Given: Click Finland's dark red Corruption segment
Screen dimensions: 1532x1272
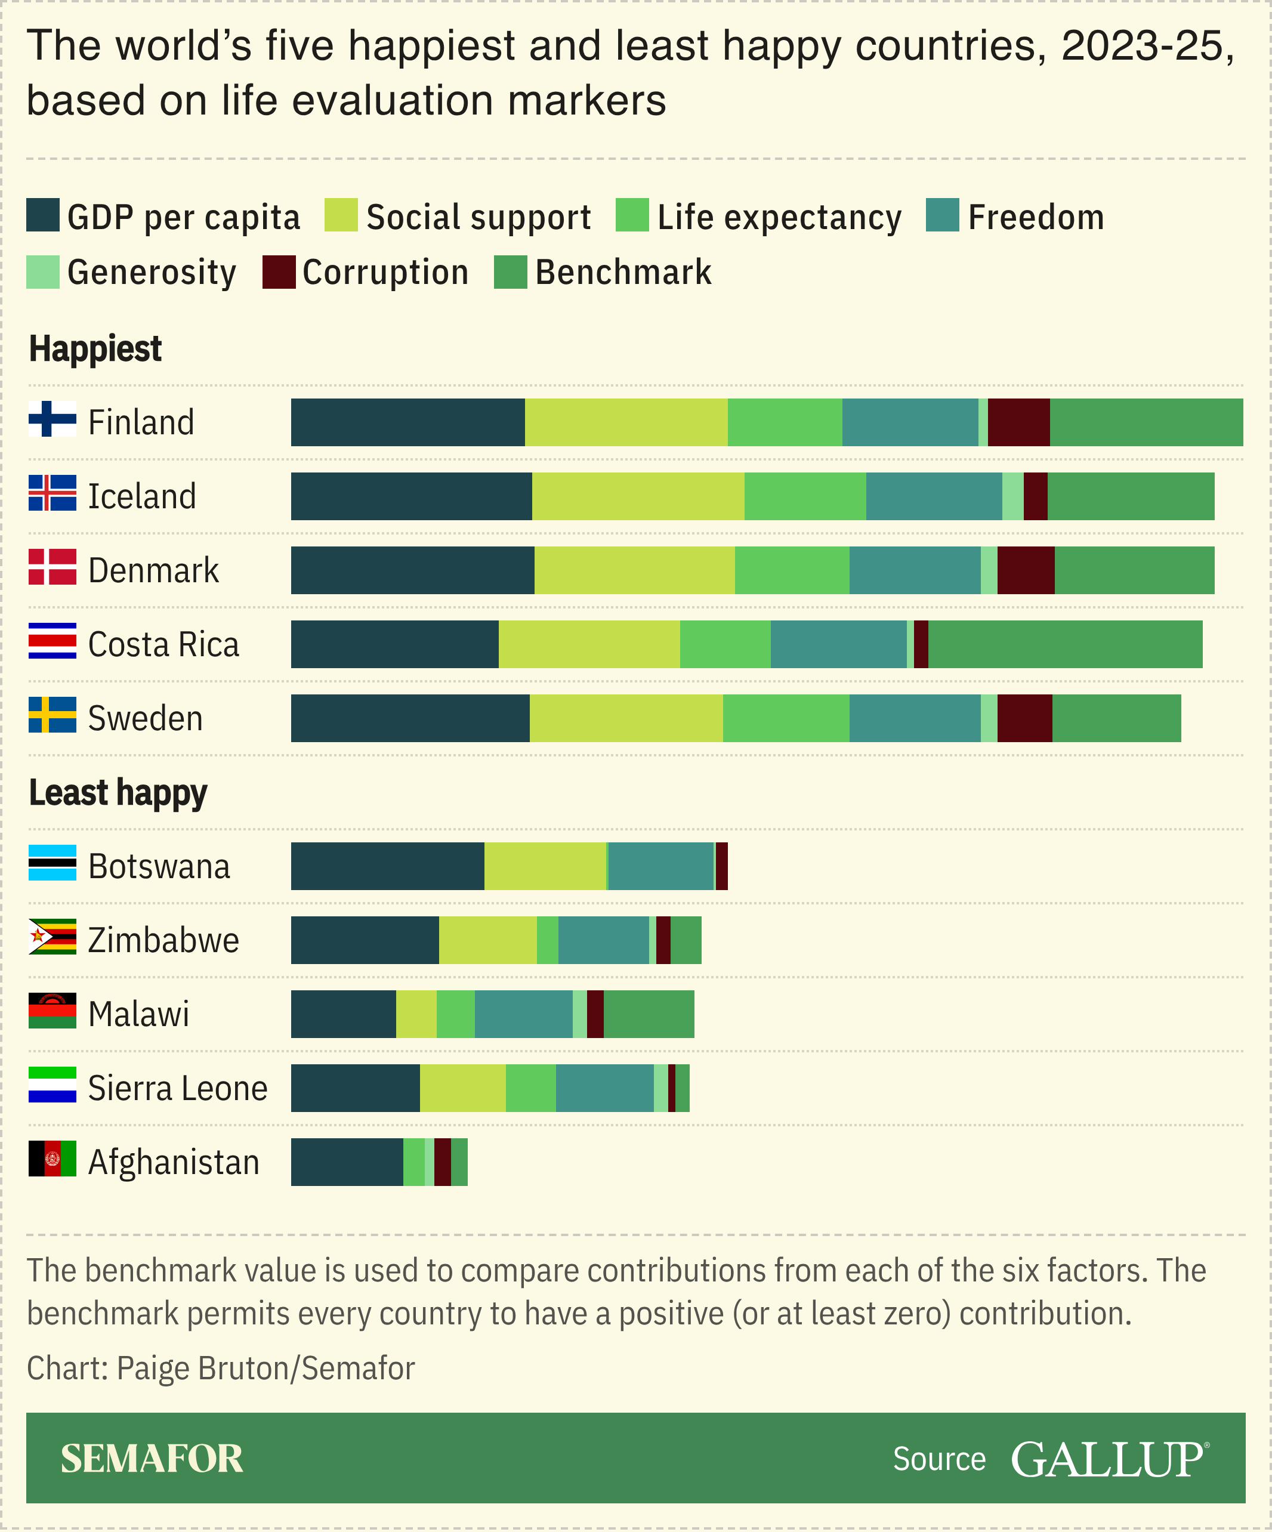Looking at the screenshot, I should tap(1019, 422).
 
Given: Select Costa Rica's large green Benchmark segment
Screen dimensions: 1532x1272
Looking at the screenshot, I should tap(1065, 644).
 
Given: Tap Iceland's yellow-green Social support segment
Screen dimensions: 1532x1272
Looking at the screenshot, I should tap(638, 496).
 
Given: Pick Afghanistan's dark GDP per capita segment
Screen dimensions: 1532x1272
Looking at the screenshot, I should tap(347, 1162).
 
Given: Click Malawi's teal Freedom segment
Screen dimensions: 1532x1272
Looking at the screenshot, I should tap(523, 1014).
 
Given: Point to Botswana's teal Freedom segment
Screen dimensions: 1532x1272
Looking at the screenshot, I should tap(660, 866).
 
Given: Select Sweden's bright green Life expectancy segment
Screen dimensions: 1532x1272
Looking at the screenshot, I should tap(786, 719).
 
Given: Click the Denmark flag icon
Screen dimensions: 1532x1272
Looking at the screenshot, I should tap(52, 567).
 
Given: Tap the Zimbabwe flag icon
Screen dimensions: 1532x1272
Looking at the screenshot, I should tap(52, 937).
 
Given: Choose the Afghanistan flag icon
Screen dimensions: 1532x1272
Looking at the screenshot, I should tap(52, 1159).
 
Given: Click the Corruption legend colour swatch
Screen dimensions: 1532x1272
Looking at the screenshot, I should tap(279, 272).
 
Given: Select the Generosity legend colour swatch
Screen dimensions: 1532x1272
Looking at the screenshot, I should tap(42, 272).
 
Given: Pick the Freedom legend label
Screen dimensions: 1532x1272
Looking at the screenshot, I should tap(1036, 217).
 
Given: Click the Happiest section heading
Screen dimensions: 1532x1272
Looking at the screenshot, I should tap(95, 349).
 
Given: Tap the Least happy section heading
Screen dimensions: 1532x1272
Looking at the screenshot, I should tap(118, 792).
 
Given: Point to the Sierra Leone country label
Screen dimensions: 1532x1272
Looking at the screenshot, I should tap(177, 1089).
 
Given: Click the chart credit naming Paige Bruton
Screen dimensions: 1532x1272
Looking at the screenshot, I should tap(220, 1369).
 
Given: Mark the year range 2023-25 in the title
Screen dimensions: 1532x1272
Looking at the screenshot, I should tap(1147, 46).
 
